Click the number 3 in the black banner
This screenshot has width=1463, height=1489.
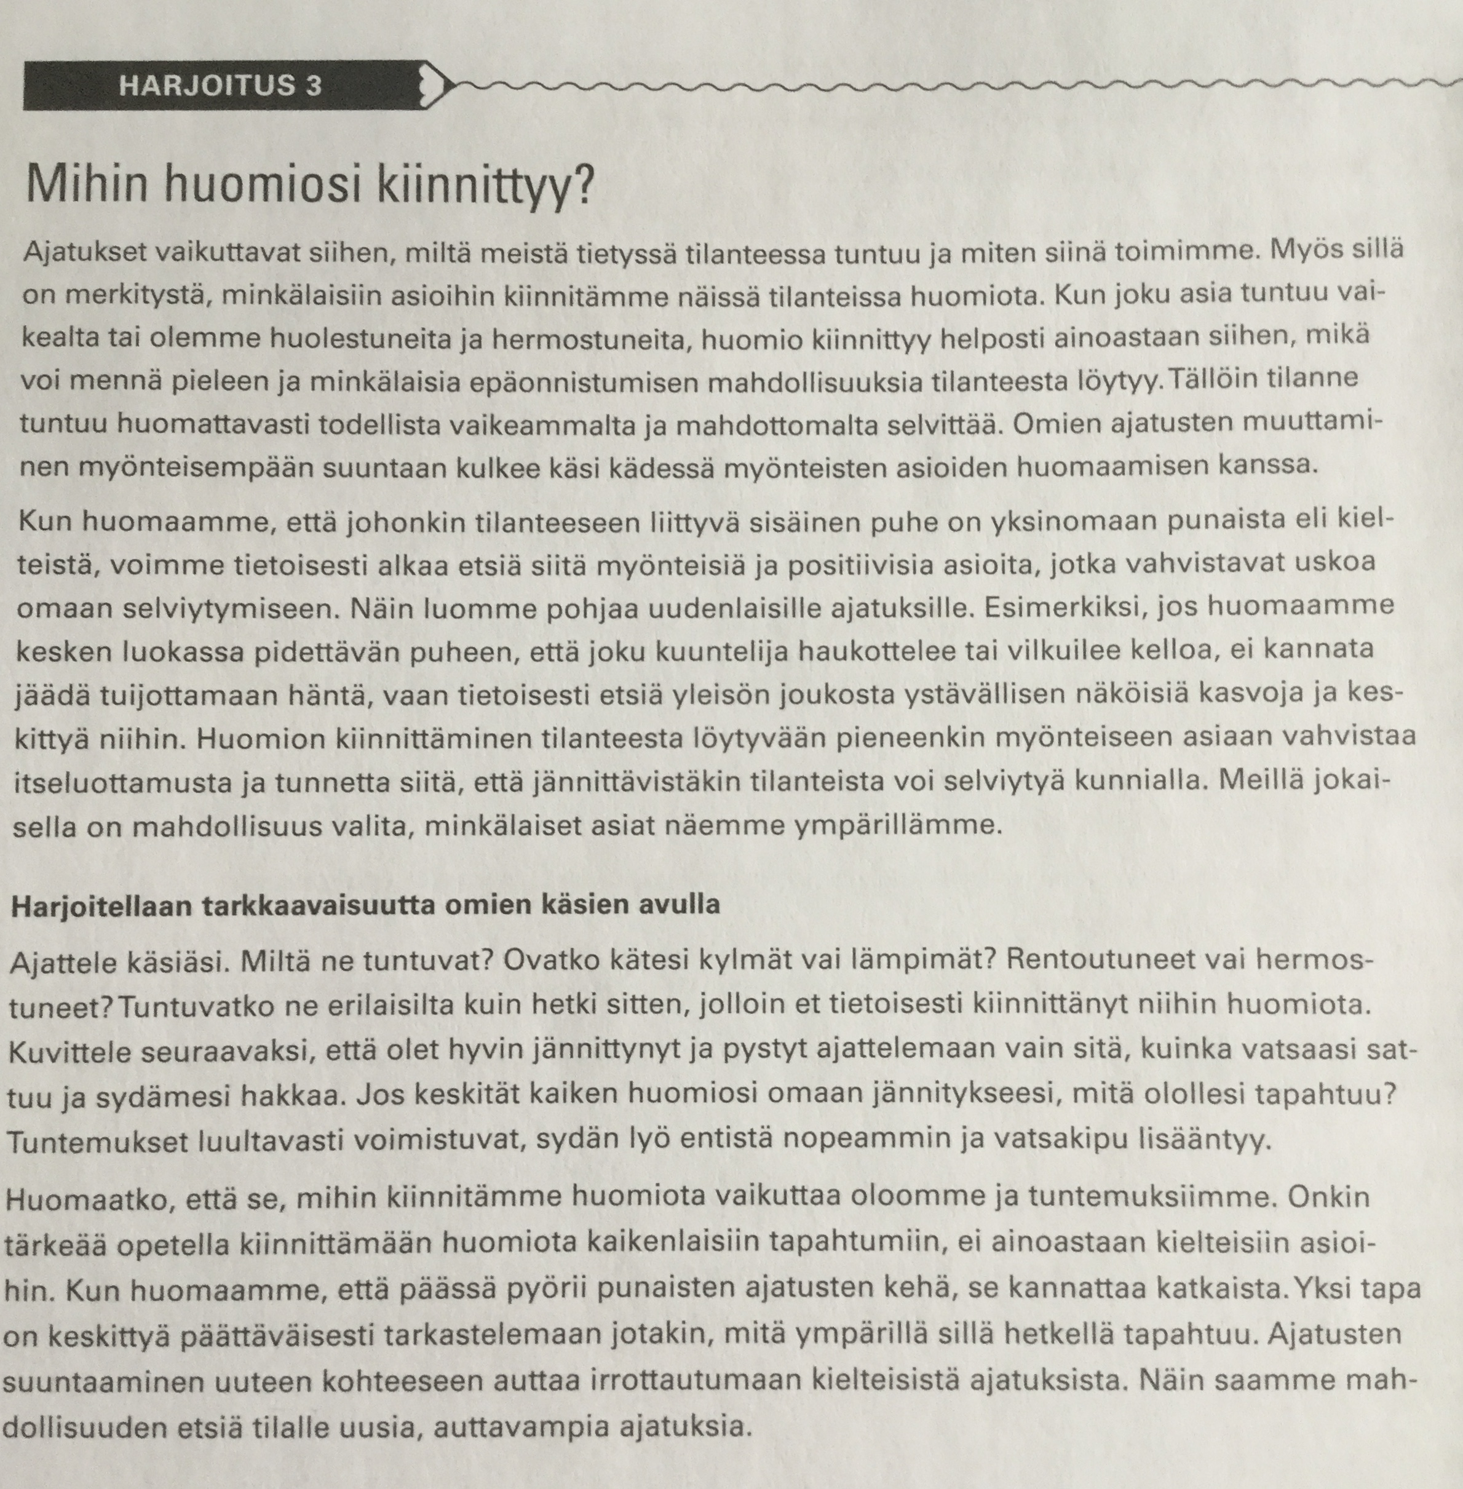[x=313, y=84]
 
